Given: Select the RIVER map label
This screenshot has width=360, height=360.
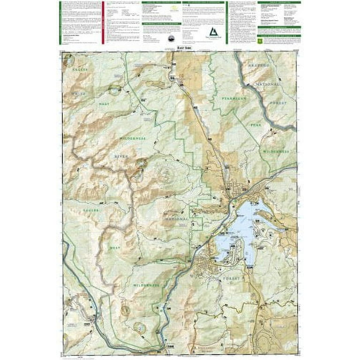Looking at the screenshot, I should point(121,157).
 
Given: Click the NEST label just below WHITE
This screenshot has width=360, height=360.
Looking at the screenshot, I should point(104,103).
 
